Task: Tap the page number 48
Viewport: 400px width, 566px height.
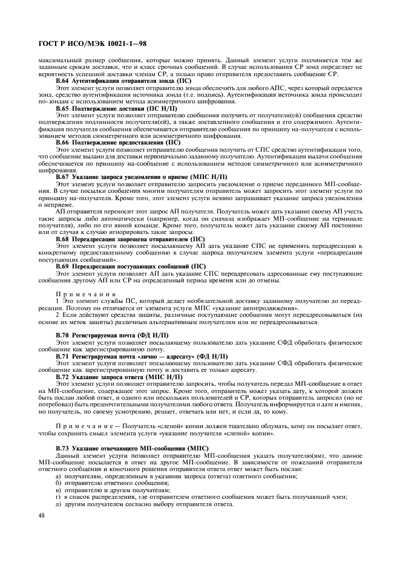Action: (x=42, y=515)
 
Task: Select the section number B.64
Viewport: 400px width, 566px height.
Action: (x=63, y=80)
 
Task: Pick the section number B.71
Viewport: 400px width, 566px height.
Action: (x=63, y=357)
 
